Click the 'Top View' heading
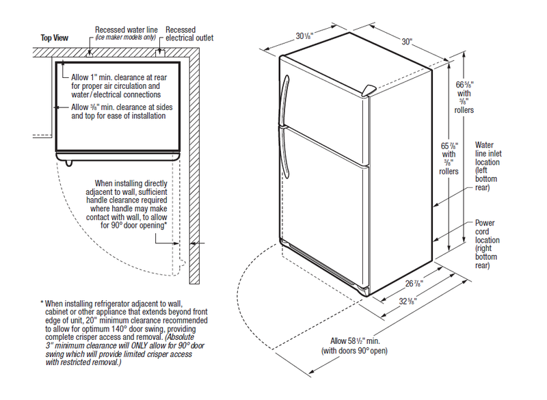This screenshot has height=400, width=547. (55, 39)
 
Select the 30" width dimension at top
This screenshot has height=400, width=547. (408, 41)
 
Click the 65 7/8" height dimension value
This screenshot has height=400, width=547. (449, 146)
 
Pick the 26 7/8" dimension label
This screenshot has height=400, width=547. (411, 283)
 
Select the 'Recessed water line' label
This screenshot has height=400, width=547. (126, 30)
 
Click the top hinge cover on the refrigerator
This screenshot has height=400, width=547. (369, 90)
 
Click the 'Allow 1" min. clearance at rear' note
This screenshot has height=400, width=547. (119, 77)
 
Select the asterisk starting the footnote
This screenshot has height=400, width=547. (42, 302)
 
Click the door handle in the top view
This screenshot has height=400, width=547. (66, 161)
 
